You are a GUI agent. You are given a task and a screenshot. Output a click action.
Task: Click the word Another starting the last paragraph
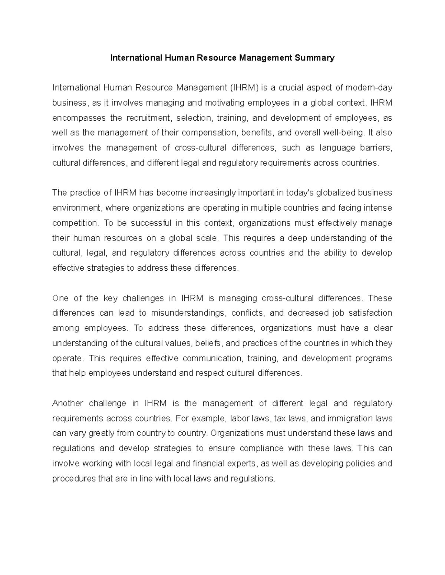coord(68,403)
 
